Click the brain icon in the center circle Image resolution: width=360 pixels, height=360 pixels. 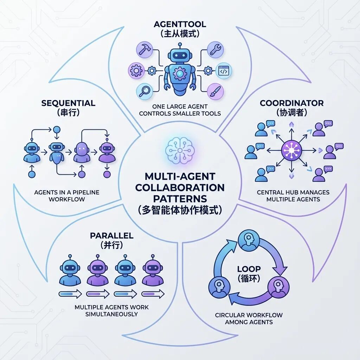[180, 150]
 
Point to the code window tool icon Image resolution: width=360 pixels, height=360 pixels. [223, 71]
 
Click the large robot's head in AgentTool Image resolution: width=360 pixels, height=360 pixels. [180, 56]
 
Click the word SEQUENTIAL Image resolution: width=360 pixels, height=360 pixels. [68, 103]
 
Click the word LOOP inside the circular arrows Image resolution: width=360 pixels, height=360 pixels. [249, 269]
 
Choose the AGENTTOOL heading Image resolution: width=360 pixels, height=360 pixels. [179, 24]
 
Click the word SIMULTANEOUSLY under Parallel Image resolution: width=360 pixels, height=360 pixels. [111, 314]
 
